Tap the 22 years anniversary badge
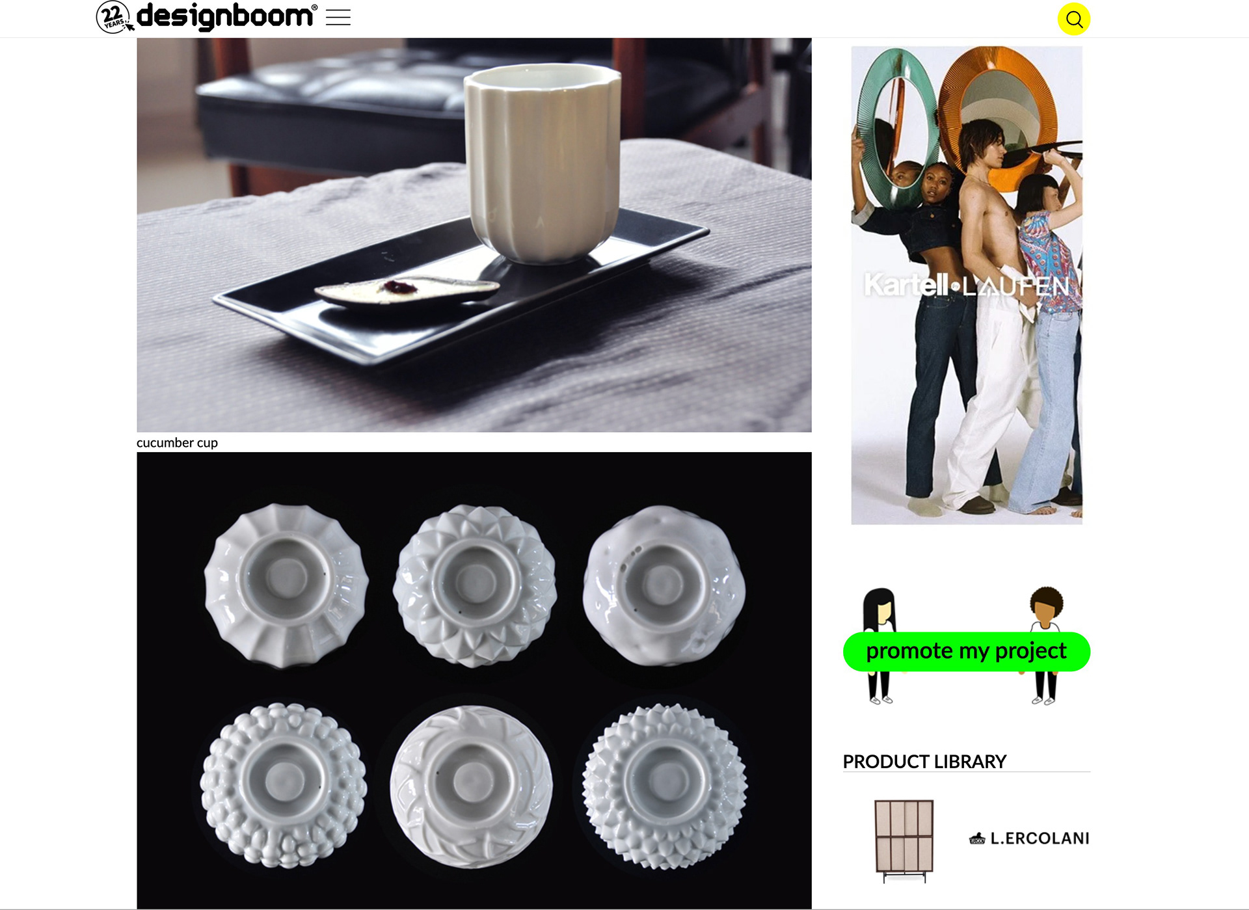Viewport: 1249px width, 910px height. click(114, 17)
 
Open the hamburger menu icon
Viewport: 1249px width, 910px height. click(338, 18)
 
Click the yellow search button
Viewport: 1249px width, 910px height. click(1074, 20)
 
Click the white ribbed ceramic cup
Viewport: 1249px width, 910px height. click(543, 163)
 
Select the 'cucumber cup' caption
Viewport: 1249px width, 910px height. click(177, 443)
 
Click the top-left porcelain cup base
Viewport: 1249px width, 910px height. click(286, 585)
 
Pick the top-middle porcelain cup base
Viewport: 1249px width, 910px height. click(475, 585)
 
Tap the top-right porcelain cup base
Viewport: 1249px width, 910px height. click(664, 585)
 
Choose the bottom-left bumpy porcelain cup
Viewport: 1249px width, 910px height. click(284, 785)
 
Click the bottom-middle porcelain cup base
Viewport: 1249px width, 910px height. click(472, 786)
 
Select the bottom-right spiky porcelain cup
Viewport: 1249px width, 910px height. click(664, 786)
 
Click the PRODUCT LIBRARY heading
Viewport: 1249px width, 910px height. click(924, 762)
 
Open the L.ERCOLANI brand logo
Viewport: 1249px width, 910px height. click(1029, 838)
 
